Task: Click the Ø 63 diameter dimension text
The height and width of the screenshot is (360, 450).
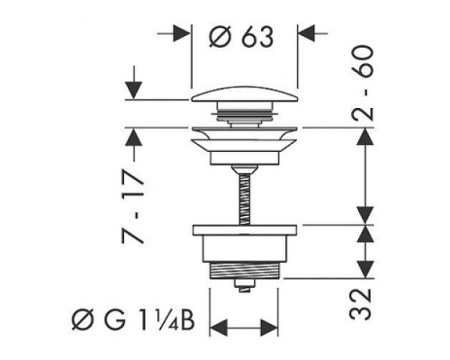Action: click(x=241, y=36)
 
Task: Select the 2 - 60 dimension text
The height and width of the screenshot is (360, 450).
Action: click(x=363, y=83)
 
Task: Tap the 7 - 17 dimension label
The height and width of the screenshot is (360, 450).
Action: click(x=132, y=207)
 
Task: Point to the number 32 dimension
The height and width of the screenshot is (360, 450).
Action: click(x=361, y=304)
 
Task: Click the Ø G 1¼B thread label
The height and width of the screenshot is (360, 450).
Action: click(x=133, y=320)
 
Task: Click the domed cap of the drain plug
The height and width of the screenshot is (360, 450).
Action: click(x=245, y=94)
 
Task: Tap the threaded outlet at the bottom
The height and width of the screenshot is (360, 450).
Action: click(x=246, y=271)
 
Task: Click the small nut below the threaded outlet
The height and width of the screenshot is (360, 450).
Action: click(x=245, y=285)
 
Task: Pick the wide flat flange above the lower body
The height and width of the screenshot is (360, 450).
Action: click(x=245, y=229)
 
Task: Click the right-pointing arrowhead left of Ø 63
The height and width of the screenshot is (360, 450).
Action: click(x=182, y=33)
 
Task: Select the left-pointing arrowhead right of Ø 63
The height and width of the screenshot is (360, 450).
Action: click(x=306, y=33)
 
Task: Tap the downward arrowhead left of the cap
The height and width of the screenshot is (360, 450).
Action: click(x=133, y=90)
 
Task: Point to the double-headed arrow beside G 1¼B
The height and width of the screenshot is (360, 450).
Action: click(x=244, y=328)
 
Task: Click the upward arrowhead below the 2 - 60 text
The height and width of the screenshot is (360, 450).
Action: click(x=365, y=137)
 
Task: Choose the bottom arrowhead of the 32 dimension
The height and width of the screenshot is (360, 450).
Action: click(x=365, y=270)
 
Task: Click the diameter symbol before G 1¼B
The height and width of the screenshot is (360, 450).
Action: click(x=82, y=320)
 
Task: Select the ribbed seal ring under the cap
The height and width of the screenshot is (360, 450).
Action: click(x=245, y=114)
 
